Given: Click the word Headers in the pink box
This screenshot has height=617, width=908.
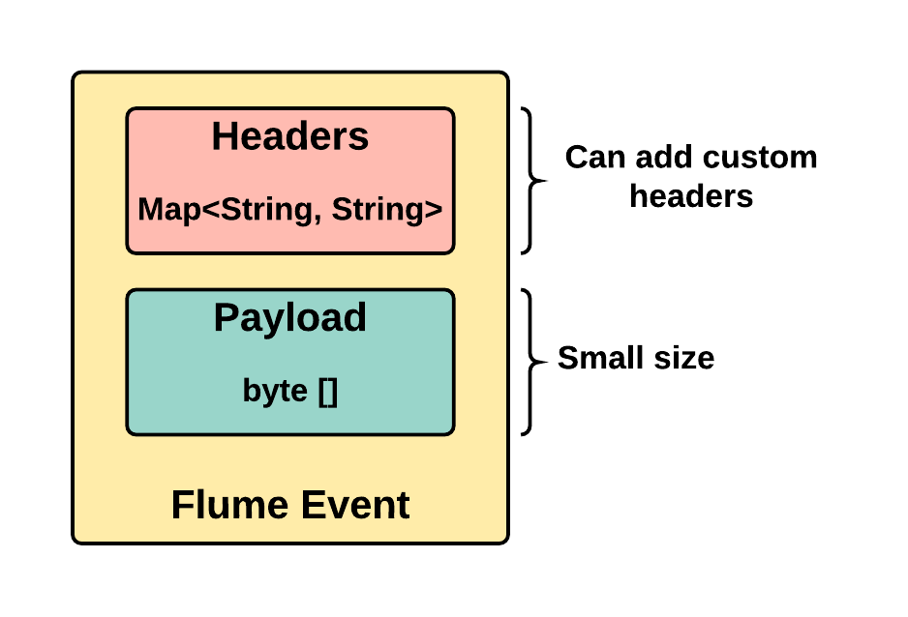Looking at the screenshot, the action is (290, 136).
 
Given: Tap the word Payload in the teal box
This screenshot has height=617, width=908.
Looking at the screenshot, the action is (290, 317).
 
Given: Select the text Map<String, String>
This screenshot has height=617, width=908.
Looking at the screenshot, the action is (290, 209).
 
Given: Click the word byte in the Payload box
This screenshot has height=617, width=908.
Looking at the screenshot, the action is (275, 391).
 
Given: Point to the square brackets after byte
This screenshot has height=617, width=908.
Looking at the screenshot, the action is (328, 392).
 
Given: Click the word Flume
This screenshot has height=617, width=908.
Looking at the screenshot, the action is (229, 505).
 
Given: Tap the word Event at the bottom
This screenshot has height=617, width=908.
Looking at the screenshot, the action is (355, 505).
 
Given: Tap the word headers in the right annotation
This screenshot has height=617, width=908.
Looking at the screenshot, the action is (691, 196).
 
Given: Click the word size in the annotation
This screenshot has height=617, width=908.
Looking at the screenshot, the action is (684, 358).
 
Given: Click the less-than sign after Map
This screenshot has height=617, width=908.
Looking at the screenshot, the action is (211, 209).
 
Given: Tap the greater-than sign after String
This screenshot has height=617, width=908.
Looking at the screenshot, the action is (434, 209).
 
